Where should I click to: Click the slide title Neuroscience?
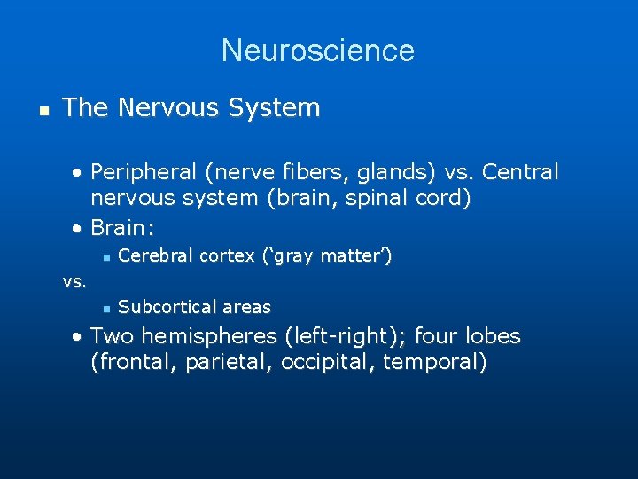pyautogui.click(x=318, y=51)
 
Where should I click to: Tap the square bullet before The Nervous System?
pyautogui.click(x=42, y=110)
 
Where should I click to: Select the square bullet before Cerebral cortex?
pyautogui.click(x=105, y=257)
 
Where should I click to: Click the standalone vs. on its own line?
pyautogui.click(x=74, y=282)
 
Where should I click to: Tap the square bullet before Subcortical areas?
pyautogui.click(x=105, y=308)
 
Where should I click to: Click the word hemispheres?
pyautogui.click(x=210, y=337)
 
